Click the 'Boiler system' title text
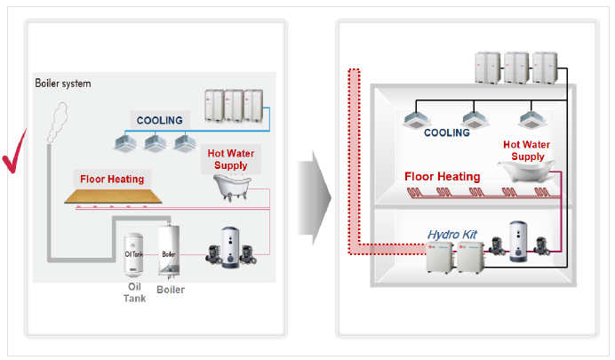(x=63, y=84)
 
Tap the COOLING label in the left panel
(x=159, y=120)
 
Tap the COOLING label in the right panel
(x=446, y=132)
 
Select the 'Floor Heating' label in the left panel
(x=112, y=179)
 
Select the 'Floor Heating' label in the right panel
(x=443, y=176)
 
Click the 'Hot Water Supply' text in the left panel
(x=230, y=159)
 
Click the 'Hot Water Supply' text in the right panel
(x=525, y=150)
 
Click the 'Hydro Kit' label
(x=452, y=235)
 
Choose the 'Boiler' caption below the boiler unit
(x=171, y=289)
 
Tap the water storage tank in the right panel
(x=517, y=241)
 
